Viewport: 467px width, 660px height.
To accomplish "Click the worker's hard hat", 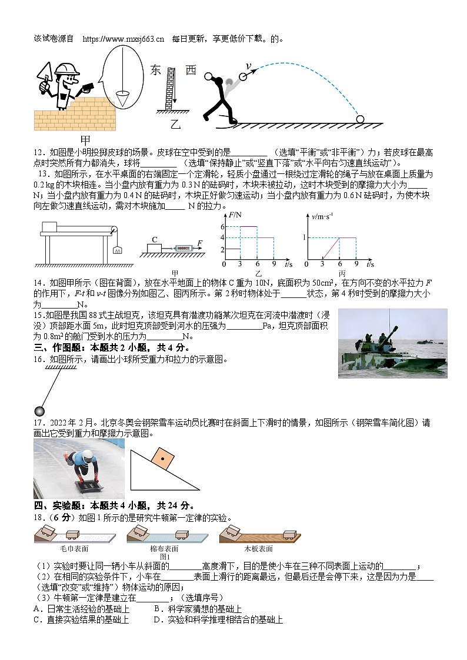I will click(66, 69).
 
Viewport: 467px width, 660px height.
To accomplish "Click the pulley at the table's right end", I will click(114, 231).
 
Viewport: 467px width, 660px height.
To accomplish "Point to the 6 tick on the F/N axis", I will click(223, 226).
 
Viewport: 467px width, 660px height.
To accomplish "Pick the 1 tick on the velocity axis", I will click(305, 237).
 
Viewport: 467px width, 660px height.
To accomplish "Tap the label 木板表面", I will click(258, 548).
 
